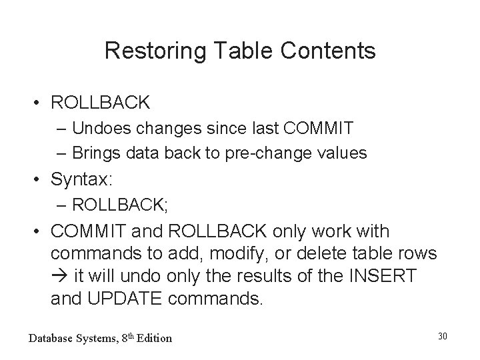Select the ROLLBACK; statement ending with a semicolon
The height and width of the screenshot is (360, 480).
[120, 205]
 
